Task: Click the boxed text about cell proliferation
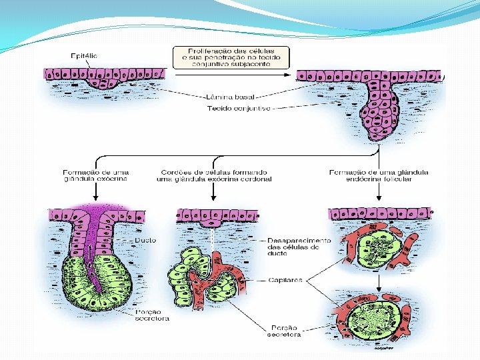231,57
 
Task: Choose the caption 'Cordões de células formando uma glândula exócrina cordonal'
214,175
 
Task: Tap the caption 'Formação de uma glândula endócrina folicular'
379,175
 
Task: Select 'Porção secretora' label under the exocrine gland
152,315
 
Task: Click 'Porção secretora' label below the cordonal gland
283,331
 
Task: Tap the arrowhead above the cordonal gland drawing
213,198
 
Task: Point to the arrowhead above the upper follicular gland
379,198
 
